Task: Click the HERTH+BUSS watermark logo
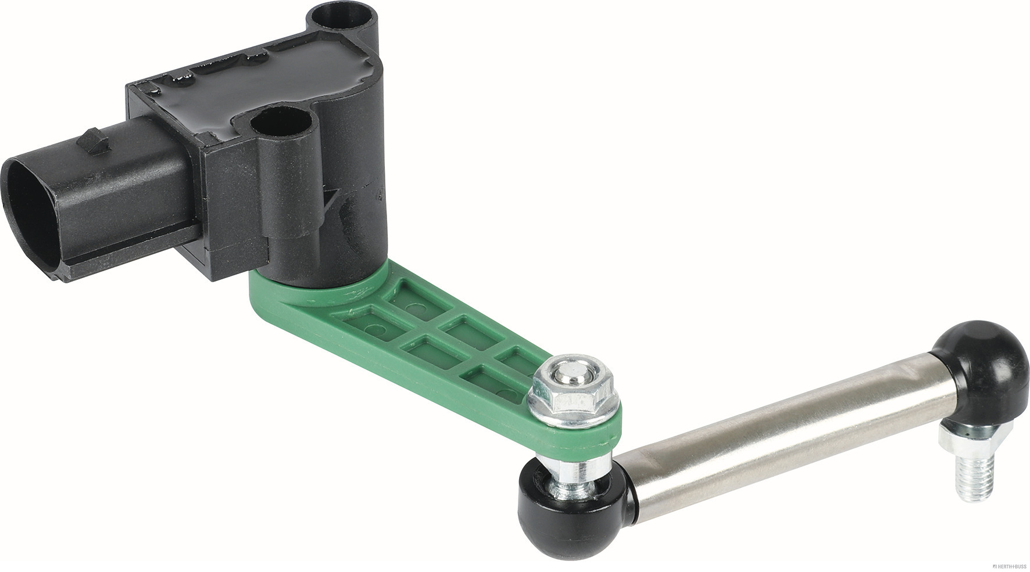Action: click(1000, 566)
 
